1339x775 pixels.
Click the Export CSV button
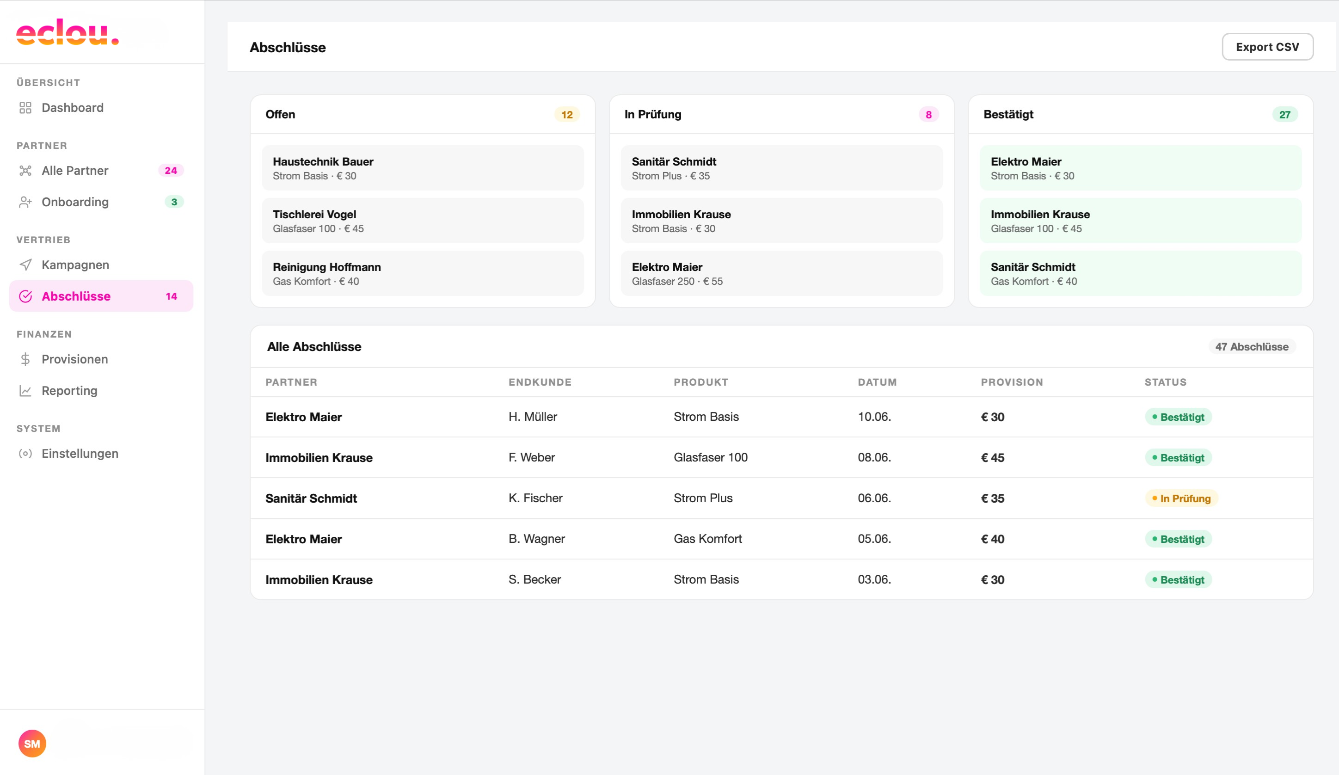point(1267,47)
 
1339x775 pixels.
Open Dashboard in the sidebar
point(72,108)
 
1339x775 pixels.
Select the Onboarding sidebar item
point(75,202)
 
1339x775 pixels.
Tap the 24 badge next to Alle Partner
point(171,171)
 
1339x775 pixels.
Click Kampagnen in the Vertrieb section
point(75,264)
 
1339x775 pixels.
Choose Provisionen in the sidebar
point(74,359)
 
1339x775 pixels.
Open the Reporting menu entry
point(69,391)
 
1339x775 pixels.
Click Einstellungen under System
point(80,454)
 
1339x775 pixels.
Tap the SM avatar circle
point(32,743)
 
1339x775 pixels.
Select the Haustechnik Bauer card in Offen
point(423,168)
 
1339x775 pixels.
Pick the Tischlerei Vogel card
point(423,221)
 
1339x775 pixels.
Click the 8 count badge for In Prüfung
point(928,114)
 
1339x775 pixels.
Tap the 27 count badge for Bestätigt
point(1284,114)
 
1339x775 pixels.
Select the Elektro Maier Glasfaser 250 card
point(781,273)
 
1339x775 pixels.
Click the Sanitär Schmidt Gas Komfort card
point(1140,273)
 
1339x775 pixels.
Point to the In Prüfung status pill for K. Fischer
point(1181,498)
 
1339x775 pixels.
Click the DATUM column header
point(877,382)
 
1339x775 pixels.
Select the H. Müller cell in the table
point(533,417)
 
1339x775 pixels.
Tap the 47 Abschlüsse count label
point(1251,346)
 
